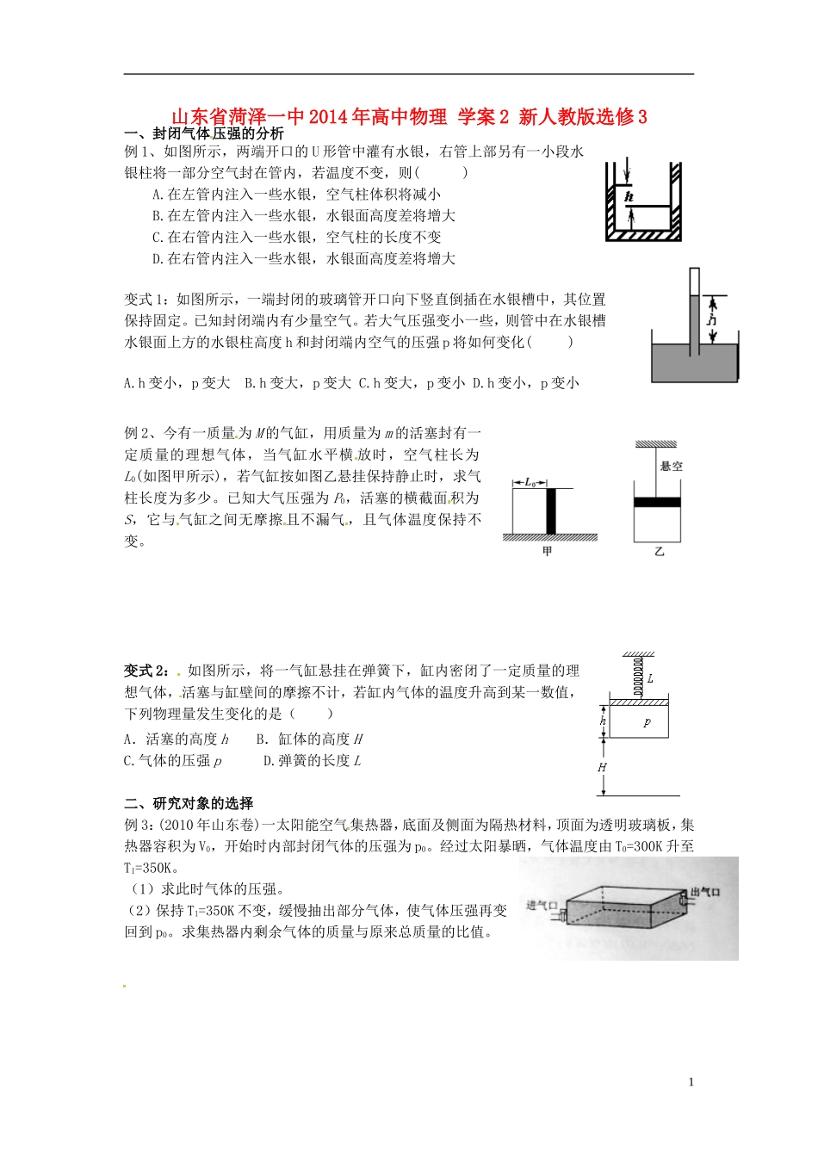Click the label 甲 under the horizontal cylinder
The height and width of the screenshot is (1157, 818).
click(547, 551)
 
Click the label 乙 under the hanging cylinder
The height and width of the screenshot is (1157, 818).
click(659, 551)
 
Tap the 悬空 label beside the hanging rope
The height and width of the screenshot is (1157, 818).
click(671, 466)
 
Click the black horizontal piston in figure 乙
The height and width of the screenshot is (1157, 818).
click(657, 503)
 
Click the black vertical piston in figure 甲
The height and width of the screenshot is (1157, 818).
click(550, 511)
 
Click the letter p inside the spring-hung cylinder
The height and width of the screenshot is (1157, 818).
click(648, 722)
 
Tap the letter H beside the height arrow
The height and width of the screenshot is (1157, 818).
click(602, 767)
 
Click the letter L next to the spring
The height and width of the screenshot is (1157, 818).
click(650, 678)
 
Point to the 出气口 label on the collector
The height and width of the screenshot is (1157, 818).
click(704, 892)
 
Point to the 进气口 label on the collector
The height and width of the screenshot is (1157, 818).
click(542, 905)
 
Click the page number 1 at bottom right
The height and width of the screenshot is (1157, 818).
click(691, 1082)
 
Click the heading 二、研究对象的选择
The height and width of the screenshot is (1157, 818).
click(189, 803)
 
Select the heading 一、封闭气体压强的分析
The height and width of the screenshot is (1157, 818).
click(204, 133)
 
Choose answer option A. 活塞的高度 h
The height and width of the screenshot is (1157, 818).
click(177, 739)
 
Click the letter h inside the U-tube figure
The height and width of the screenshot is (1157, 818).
click(629, 196)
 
